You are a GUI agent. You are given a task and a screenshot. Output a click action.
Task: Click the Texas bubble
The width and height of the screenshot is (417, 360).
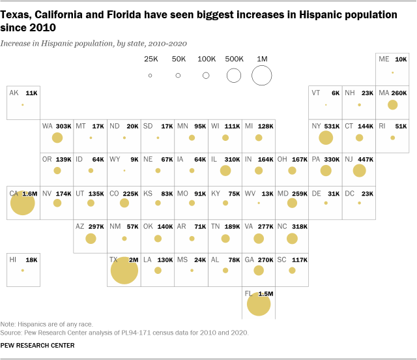tap(124, 270)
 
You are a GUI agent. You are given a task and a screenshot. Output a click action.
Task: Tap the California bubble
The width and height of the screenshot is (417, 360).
tap(22, 203)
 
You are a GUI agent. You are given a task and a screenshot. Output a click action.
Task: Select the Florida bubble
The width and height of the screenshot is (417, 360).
tap(259, 304)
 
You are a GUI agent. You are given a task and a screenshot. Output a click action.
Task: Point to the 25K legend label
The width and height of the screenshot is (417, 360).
tap(151, 59)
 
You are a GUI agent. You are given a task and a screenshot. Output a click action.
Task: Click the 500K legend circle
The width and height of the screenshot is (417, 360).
tap(234, 75)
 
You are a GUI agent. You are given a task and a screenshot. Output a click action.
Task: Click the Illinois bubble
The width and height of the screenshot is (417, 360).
tap(225, 171)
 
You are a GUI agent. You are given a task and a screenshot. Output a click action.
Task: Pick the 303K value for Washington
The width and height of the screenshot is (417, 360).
tap(63, 127)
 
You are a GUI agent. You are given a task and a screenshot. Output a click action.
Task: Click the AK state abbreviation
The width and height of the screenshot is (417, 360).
tap(14, 93)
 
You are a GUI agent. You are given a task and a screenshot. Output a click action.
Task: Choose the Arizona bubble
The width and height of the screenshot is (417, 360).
tap(91, 238)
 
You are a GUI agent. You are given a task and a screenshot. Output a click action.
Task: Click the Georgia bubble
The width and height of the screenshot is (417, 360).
tap(259, 271)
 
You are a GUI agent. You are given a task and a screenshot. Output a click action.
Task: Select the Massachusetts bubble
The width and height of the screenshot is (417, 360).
tap(392, 104)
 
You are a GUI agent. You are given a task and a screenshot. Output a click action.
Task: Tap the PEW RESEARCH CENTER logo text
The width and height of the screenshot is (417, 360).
tap(37, 346)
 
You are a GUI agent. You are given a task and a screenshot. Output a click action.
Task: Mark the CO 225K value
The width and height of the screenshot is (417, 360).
tap(132, 193)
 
